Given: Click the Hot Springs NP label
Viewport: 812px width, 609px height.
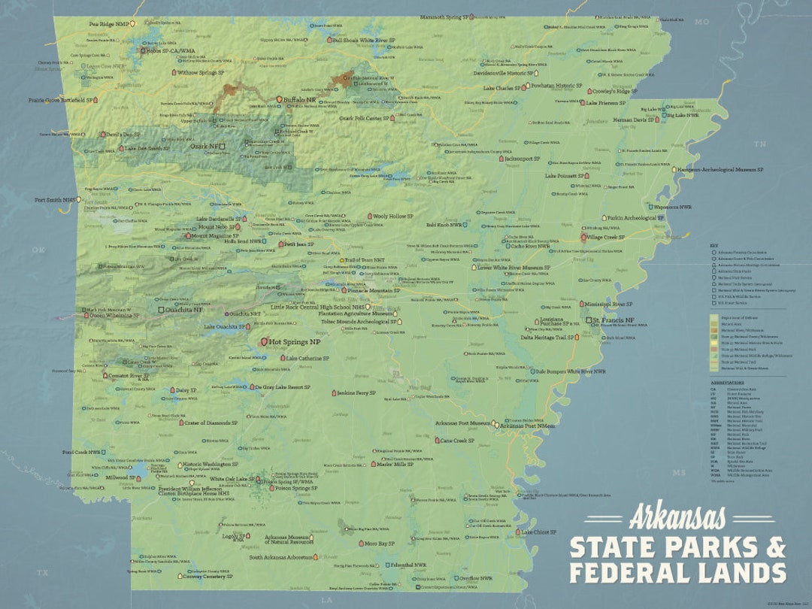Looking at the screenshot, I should (295, 341).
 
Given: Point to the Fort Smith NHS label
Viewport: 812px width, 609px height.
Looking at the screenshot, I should (56, 200).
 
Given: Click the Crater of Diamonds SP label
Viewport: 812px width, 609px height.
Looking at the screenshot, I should (211, 423).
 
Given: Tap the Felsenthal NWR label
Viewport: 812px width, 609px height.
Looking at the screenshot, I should (411, 565).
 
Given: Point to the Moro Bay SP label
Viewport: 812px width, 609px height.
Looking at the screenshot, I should (379, 543).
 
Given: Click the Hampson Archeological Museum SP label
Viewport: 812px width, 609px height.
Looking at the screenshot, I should (721, 170).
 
